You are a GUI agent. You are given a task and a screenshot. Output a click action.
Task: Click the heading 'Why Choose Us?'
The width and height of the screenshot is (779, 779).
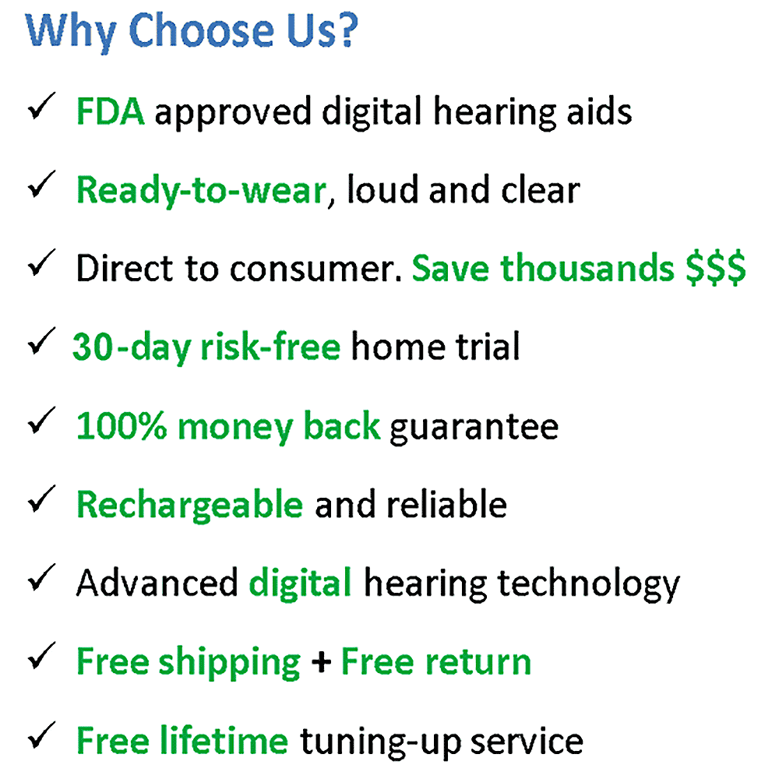coord(192,32)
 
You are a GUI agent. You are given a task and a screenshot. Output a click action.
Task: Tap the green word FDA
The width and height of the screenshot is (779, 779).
coord(111,111)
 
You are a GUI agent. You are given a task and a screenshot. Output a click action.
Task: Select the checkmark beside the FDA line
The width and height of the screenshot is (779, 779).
coord(41,106)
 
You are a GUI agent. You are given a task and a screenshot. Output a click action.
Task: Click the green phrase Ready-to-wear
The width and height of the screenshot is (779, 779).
coord(202,191)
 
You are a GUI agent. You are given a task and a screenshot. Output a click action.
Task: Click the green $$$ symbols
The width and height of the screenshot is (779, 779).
coord(715,268)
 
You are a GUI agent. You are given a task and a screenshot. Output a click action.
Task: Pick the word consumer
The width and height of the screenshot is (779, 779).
coord(316,270)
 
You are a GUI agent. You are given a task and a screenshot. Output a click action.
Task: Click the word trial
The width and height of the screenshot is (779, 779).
coord(488,347)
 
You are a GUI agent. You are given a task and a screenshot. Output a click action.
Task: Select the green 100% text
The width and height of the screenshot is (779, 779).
coord(122,426)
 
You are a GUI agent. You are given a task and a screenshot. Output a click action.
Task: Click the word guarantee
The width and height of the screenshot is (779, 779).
coord(474,428)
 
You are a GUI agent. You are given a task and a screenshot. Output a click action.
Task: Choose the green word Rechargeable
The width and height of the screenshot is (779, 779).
coord(190,506)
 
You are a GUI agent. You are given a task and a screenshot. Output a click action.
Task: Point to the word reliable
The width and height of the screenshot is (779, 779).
coord(447,504)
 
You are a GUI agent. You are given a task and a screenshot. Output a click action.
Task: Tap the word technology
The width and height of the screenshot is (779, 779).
coord(589,585)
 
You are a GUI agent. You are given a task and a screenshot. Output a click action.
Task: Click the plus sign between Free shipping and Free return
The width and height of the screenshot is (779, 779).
coord(321,662)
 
